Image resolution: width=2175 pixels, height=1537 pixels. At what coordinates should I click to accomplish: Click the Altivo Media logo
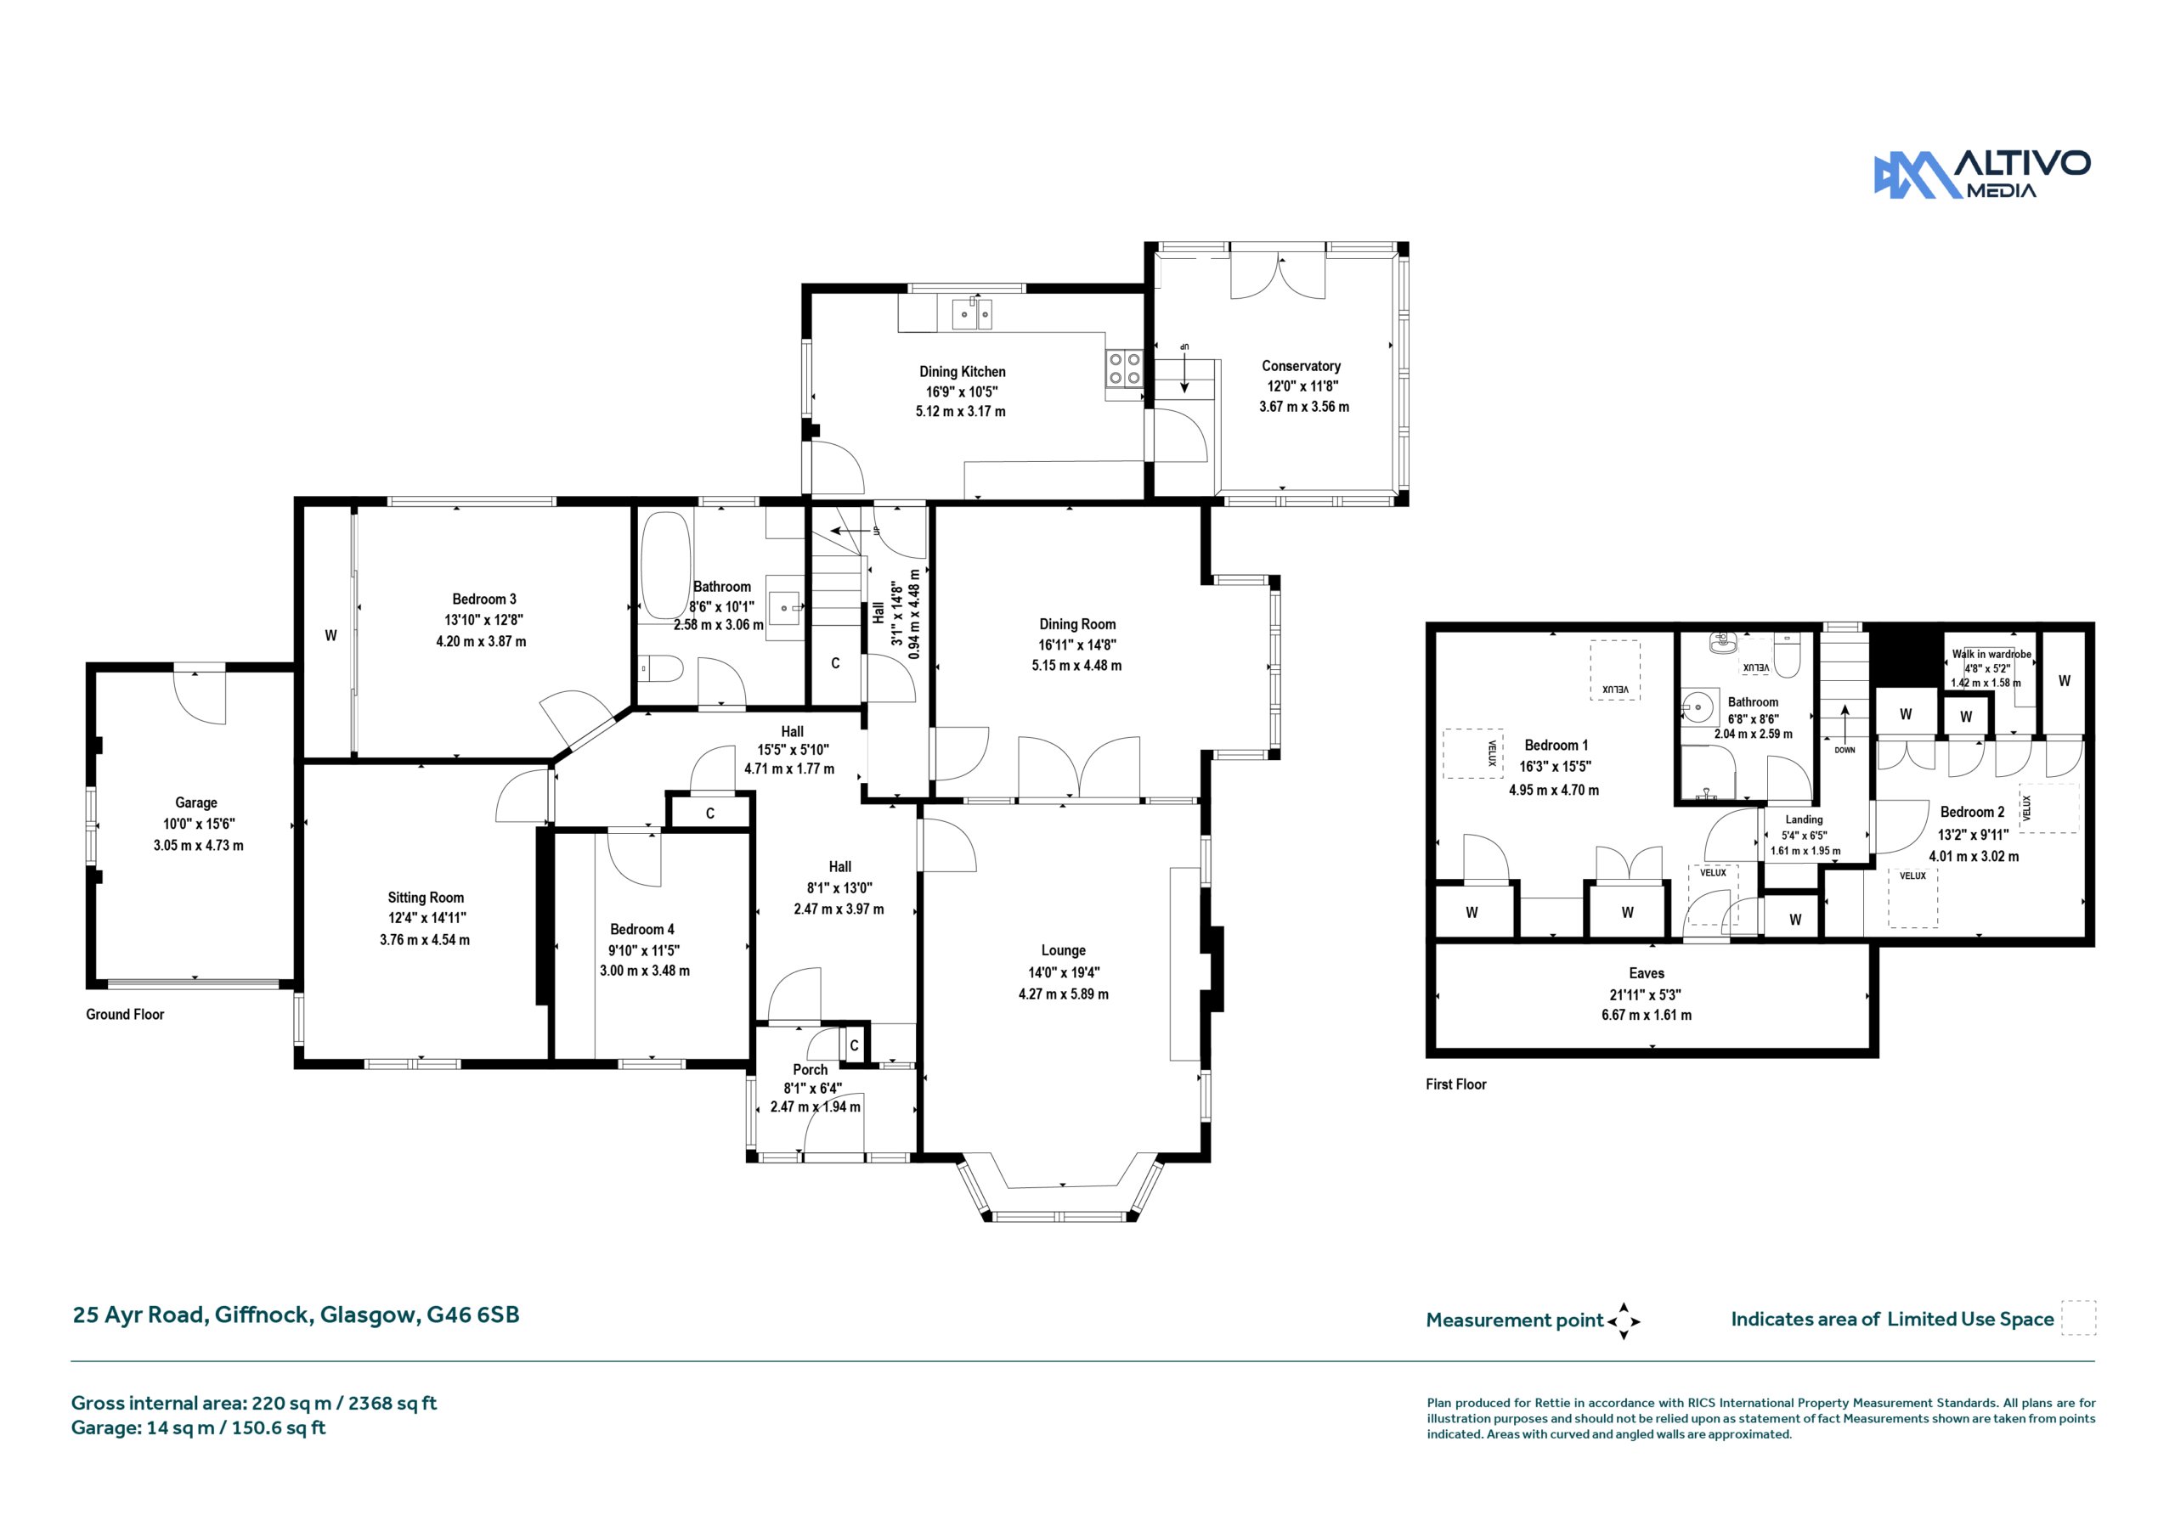(1982, 174)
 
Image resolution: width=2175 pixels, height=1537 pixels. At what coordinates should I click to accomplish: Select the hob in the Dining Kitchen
(1124, 369)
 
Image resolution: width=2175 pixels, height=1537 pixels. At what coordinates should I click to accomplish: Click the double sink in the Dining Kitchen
(972, 312)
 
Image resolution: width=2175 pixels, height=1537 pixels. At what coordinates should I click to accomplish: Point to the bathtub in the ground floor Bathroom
(665, 566)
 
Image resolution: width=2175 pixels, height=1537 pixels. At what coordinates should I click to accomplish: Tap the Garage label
(196, 803)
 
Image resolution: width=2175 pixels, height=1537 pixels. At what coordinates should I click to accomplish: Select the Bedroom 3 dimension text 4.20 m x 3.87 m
(481, 641)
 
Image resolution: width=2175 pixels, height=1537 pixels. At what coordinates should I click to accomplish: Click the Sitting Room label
(426, 898)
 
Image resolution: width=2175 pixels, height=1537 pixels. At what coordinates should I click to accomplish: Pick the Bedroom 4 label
(642, 929)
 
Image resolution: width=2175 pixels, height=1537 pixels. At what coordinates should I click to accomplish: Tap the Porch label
(810, 1069)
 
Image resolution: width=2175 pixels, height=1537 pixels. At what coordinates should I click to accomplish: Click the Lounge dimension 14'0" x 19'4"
(1064, 972)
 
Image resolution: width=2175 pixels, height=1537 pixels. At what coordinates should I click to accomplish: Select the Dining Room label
(1077, 624)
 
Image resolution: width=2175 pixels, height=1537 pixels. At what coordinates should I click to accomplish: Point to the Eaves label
(1647, 973)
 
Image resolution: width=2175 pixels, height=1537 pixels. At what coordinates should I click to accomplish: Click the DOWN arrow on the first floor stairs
(1845, 723)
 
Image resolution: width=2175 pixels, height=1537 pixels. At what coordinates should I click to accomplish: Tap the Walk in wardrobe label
(1991, 655)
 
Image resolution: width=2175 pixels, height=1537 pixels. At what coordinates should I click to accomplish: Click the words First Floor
(1456, 1084)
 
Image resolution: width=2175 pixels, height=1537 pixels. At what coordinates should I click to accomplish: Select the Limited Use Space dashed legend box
(2078, 1318)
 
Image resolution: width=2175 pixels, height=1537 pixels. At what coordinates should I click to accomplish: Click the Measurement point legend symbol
(1624, 1321)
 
